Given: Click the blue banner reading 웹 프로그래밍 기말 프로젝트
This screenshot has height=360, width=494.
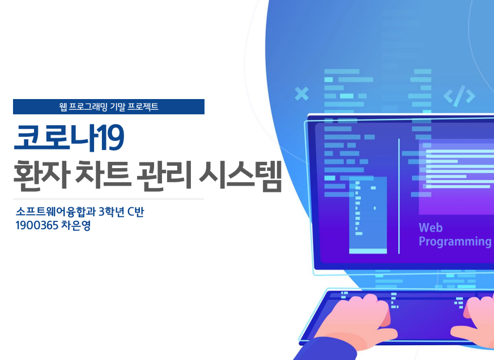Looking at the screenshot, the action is (x=109, y=106).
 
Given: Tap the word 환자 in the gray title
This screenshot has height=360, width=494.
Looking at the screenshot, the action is (x=41, y=175).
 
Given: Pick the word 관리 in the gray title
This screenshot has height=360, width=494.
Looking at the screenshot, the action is (x=164, y=174).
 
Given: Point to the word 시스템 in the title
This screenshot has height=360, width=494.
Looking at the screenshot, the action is (x=240, y=175).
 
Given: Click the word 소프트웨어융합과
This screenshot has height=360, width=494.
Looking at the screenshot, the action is (x=56, y=212).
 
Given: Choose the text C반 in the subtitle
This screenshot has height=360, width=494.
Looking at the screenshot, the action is (x=136, y=212).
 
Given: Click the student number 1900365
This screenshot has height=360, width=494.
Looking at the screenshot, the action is (x=37, y=225).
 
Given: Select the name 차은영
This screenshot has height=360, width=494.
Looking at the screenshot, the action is (x=76, y=225).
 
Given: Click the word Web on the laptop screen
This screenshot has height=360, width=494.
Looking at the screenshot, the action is (x=431, y=228).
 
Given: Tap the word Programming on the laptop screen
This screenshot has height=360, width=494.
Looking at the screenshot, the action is (x=455, y=242).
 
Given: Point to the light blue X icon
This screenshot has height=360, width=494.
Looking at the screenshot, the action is (x=301, y=94).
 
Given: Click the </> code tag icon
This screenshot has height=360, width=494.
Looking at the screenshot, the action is (x=459, y=96).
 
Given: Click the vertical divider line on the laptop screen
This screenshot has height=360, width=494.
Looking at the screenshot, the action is (x=399, y=196).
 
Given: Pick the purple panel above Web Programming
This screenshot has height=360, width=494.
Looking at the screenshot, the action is (x=456, y=178).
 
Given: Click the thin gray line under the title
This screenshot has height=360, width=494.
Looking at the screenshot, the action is (x=109, y=199).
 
